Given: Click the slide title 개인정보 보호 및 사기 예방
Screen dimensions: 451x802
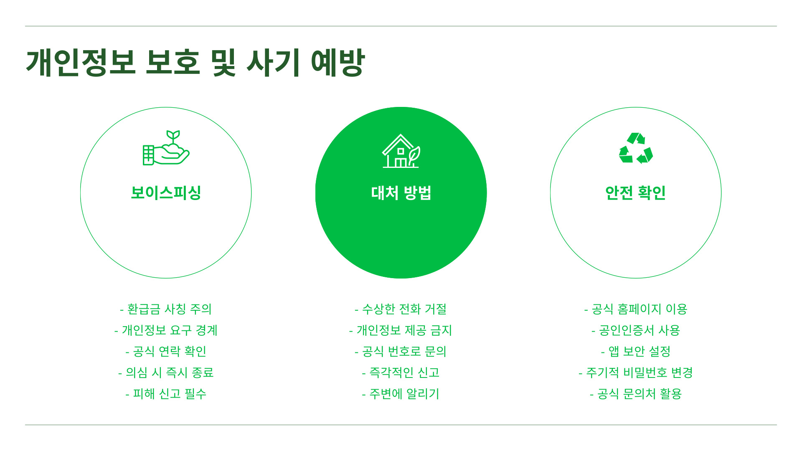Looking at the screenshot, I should click(195, 63).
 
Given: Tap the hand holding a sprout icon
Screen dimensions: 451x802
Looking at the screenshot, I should click(166, 148).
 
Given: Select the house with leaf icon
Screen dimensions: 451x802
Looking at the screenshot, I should click(401, 151).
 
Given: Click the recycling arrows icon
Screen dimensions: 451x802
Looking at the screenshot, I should click(636, 148).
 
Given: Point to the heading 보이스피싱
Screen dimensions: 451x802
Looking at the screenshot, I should click(166, 193).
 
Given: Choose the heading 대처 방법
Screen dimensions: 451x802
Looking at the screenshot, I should click(401, 193).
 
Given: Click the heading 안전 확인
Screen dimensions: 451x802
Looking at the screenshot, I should click(635, 193).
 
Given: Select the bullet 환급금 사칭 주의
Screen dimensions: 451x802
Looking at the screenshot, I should click(166, 309).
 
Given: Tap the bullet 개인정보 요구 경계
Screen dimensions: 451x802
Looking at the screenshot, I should click(166, 330).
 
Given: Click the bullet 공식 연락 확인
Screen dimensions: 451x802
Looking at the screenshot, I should click(166, 352).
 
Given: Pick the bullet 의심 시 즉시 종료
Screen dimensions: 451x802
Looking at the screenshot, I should click(166, 372).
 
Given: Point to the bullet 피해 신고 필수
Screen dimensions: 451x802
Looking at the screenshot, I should click(166, 394).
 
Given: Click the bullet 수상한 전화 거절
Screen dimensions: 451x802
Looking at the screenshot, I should click(401, 309).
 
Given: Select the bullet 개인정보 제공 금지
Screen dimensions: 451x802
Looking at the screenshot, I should click(401, 330).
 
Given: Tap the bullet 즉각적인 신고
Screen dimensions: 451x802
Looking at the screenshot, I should click(401, 372).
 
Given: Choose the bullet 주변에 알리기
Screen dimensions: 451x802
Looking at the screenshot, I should click(401, 394).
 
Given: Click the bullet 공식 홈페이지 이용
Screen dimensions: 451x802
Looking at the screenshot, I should click(636, 309).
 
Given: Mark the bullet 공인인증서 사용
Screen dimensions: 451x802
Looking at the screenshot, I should click(636, 330).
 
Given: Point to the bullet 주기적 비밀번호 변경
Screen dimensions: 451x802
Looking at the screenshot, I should click(636, 372).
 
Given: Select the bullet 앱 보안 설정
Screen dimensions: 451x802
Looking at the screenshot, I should click(636, 352).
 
